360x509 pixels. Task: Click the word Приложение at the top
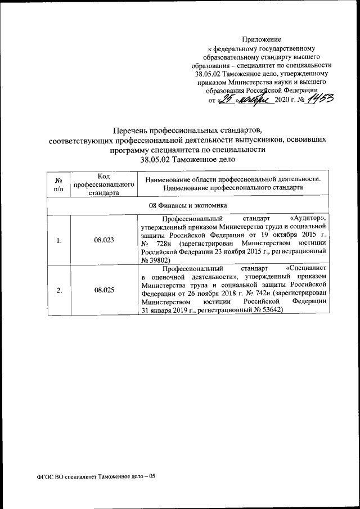(261, 39)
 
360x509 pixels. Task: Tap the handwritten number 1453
(319, 100)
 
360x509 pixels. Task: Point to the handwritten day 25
(227, 100)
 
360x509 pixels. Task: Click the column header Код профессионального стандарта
(103, 184)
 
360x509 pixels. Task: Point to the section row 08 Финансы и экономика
(188, 205)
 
